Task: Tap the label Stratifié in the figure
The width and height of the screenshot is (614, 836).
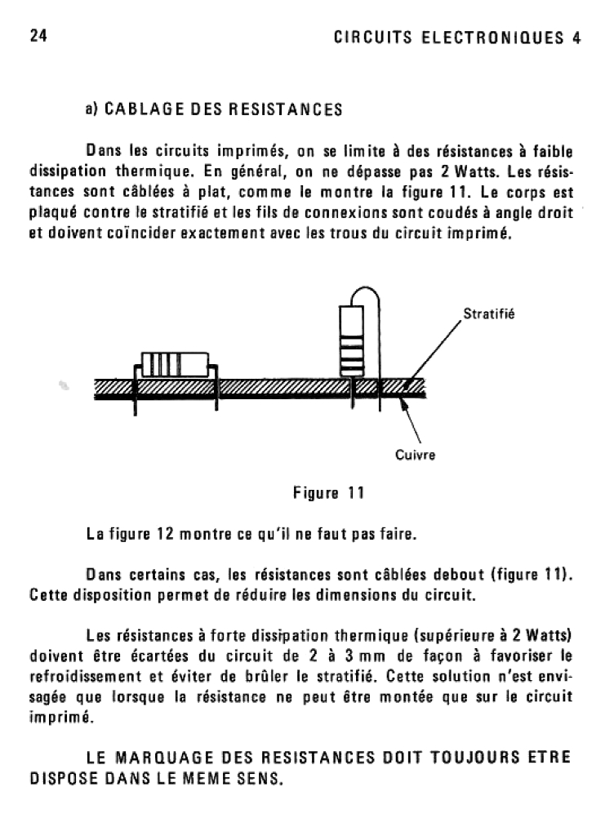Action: [483, 313]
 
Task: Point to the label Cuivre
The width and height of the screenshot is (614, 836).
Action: [416, 455]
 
